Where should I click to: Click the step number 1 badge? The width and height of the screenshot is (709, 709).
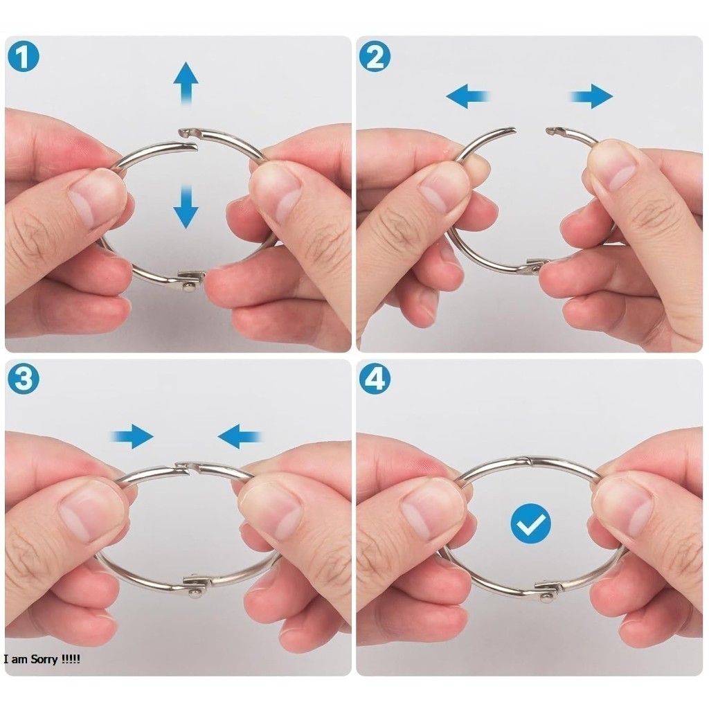point(24,57)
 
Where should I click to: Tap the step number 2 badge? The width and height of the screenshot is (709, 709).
point(375,57)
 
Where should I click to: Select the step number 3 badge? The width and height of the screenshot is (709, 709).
point(24,379)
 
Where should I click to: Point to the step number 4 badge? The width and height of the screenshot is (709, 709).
point(375,379)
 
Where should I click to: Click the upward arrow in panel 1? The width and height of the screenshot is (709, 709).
point(186,84)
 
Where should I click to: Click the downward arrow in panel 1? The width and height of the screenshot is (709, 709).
point(186,206)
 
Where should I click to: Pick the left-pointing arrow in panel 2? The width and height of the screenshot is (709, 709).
point(468,96)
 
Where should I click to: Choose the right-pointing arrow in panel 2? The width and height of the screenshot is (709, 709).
point(591,96)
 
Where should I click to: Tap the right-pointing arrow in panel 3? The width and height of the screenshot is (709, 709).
point(132,436)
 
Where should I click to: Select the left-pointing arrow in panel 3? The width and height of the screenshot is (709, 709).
point(240,436)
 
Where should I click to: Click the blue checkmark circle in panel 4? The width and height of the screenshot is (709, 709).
point(531,523)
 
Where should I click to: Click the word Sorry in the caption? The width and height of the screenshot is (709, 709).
point(44,659)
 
